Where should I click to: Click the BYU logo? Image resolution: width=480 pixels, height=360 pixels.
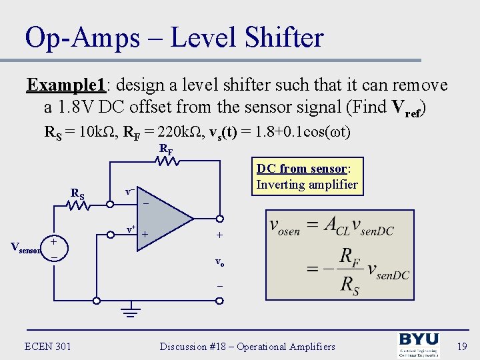tap(418, 345)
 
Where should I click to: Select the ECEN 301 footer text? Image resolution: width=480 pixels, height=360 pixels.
tap(47, 346)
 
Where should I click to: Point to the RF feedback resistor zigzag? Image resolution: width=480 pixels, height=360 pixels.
tap(165, 161)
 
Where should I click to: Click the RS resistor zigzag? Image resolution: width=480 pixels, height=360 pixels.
tap(79, 205)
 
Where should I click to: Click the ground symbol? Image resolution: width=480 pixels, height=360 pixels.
tap(131, 311)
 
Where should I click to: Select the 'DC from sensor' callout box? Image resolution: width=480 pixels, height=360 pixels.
tap(307, 177)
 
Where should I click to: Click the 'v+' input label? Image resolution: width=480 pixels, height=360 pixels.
tap(131, 230)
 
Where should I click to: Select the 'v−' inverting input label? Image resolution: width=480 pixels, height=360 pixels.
tap(130, 191)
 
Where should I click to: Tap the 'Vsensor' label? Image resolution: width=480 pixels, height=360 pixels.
tap(25, 248)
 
